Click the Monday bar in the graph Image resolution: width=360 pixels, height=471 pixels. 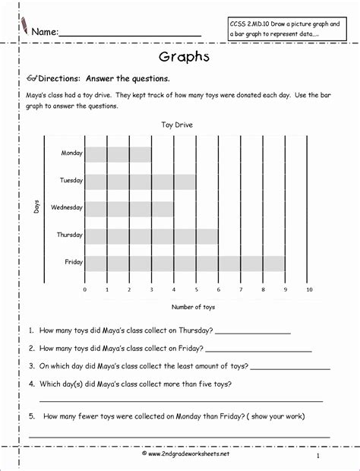coord(118,154)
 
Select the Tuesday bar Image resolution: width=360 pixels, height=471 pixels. coord(140,182)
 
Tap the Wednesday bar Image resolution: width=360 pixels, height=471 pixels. coord(129,208)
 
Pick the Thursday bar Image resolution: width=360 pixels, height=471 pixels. coord(151,236)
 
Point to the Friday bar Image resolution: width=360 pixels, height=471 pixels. coord(185,263)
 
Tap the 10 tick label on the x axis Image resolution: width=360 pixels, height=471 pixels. coord(308,289)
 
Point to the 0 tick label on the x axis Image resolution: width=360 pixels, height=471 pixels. coord(84,289)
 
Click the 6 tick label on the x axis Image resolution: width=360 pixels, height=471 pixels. coord(219,289)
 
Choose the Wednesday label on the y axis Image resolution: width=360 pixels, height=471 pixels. coord(67,207)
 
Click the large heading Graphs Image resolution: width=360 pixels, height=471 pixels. coord(179,58)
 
